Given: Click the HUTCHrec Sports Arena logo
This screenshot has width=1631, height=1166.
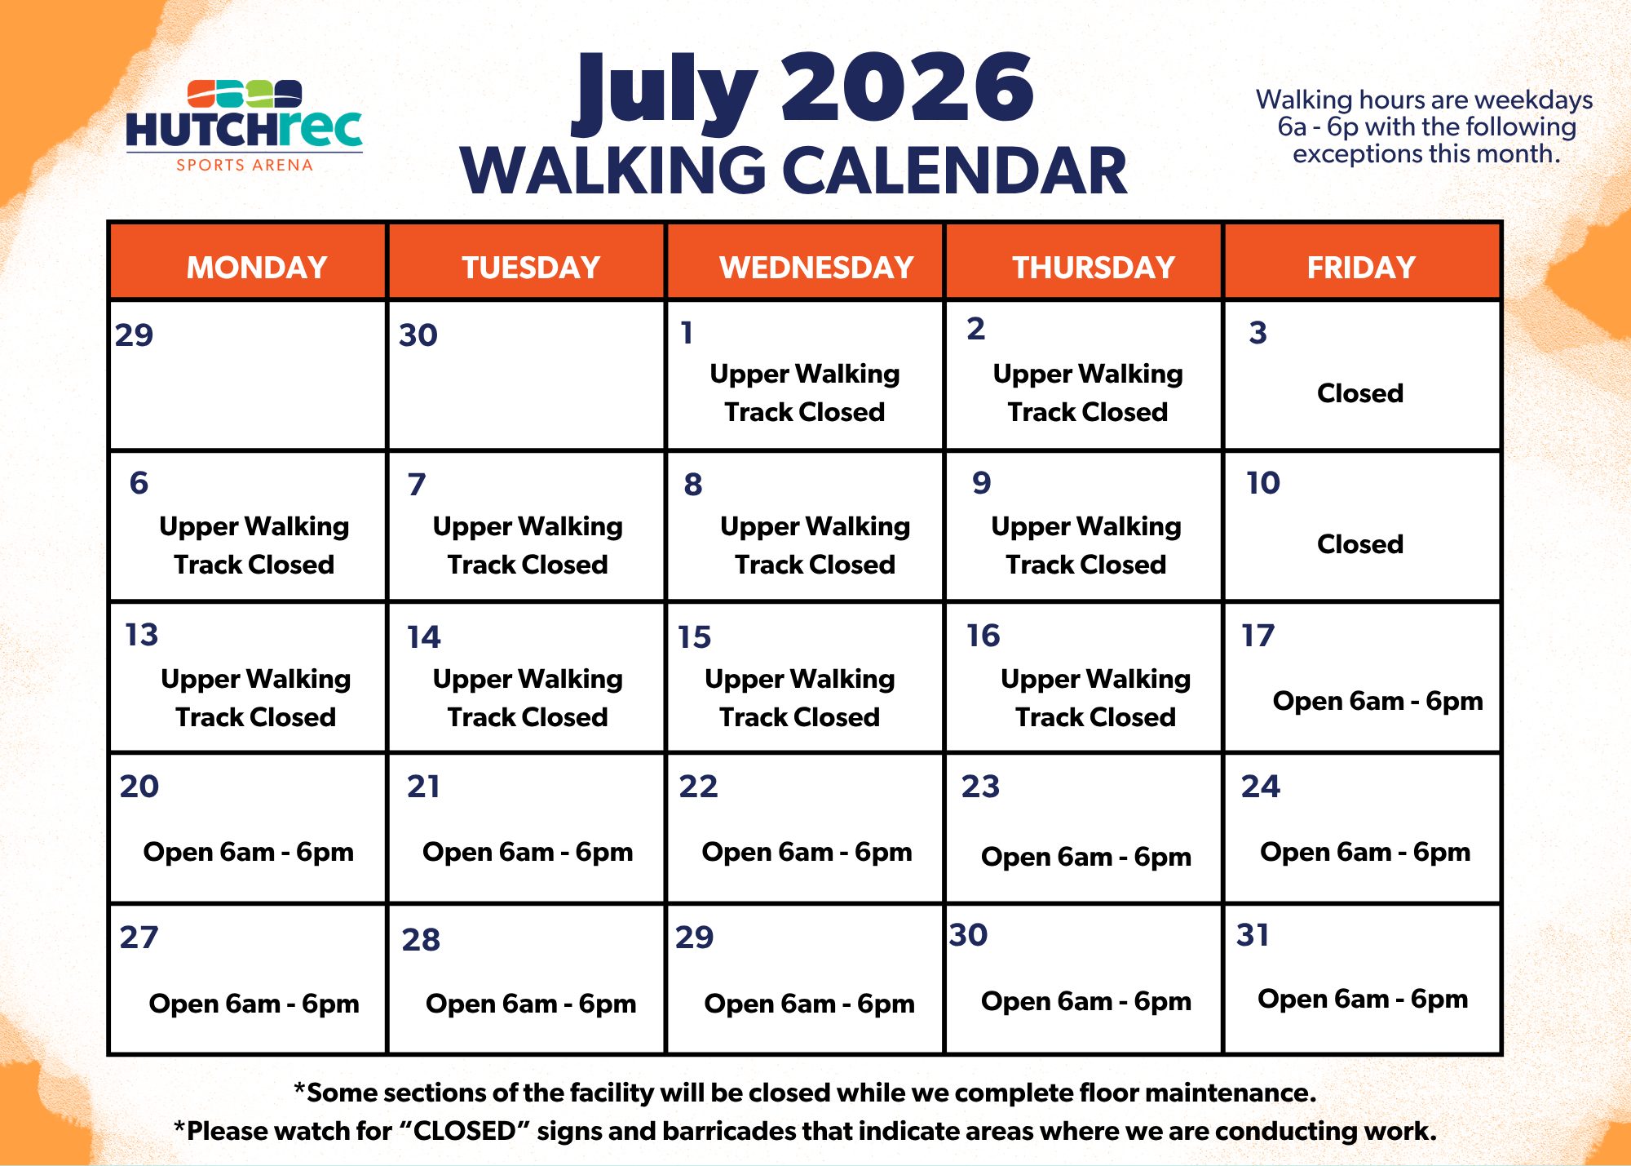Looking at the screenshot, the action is (x=244, y=126).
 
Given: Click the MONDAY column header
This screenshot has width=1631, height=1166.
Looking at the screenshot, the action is (x=257, y=268).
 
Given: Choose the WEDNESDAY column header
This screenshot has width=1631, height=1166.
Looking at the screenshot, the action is (x=816, y=268).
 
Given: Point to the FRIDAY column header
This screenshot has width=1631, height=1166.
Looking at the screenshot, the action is (x=1361, y=268).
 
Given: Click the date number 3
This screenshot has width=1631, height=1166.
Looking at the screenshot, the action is (x=1258, y=333).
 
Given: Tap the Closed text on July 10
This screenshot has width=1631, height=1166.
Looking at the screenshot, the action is (x=1360, y=544).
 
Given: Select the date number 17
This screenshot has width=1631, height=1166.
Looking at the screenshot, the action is (x=1258, y=636).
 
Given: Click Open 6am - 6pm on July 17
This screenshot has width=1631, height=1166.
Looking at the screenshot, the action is (x=1377, y=701).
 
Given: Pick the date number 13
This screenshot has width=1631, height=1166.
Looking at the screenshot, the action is (x=141, y=635).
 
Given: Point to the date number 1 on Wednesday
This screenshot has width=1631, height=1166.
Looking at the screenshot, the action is (x=687, y=333).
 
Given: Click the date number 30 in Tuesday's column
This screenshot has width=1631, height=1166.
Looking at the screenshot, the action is (x=418, y=335).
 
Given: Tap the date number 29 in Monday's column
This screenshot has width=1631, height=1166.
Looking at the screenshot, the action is (x=134, y=335).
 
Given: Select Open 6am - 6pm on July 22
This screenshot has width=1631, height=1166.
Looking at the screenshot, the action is (x=807, y=852).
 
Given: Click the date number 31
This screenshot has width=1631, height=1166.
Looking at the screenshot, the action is (x=1253, y=935).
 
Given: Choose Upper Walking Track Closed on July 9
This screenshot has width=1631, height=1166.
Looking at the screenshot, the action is (x=1086, y=545).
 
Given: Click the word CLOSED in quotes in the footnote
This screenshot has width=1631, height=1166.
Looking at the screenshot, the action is (x=464, y=1131).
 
